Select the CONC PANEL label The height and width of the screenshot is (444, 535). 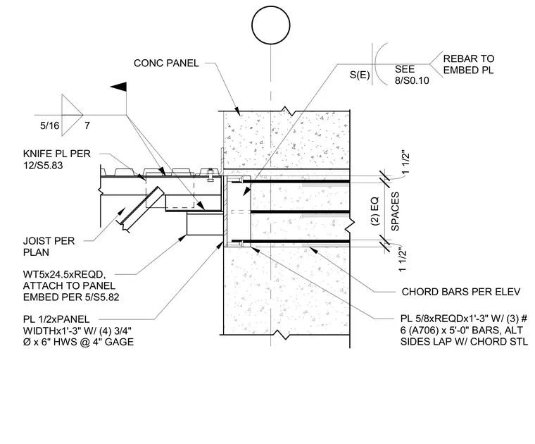(x=166, y=63)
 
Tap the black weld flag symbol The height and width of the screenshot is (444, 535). (x=119, y=87)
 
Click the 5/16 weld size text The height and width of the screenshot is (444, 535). (x=50, y=125)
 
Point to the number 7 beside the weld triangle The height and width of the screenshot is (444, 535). (x=87, y=125)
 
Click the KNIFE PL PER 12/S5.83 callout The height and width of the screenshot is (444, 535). (x=57, y=159)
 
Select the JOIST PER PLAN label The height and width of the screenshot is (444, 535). (x=49, y=247)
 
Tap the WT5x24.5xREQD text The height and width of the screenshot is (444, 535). (x=64, y=274)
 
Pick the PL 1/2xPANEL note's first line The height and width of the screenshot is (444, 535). (x=56, y=319)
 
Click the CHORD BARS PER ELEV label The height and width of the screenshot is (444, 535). (x=461, y=292)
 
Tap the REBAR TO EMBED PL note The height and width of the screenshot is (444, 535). (x=468, y=64)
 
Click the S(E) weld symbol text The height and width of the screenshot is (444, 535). (x=360, y=75)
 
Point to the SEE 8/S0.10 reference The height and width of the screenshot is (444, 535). (x=412, y=75)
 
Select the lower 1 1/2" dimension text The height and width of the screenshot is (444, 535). (x=403, y=259)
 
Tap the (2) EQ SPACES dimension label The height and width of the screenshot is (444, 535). (x=384, y=211)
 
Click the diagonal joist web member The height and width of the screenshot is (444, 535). (x=139, y=209)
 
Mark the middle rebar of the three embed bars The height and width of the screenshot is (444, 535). (x=301, y=212)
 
